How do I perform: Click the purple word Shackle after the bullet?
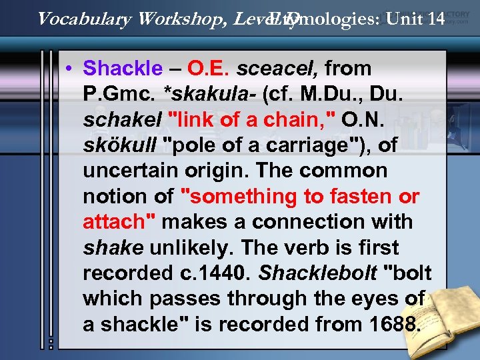tap(123, 68)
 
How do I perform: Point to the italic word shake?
tap(113, 247)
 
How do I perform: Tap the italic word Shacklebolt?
tap(317, 273)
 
